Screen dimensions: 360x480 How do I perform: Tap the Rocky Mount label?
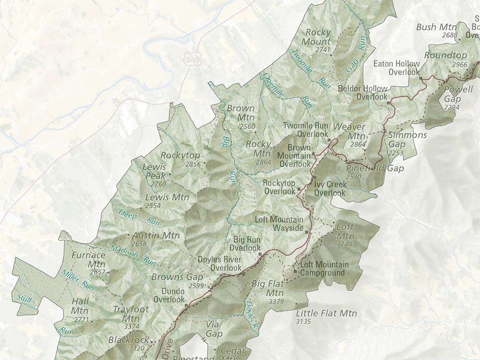tap(318, 37)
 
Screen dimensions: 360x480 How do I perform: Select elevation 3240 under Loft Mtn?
tap(344, 244)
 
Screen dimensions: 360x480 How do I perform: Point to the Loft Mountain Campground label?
tap(324, 269)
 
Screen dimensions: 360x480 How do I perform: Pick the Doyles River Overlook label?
tap(219, 263)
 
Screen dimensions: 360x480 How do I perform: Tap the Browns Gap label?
tap(177, 277)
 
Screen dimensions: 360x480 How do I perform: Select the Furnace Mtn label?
tap(89, 260)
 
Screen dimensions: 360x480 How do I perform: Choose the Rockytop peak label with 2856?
tap(180, 155)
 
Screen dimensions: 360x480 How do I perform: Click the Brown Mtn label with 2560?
tap(241, 112)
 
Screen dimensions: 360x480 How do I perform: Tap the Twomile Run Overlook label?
tap(306, 130)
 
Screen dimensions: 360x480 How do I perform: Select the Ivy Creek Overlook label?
tap(330, 188)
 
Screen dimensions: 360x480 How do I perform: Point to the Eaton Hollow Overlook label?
tap(396, 67)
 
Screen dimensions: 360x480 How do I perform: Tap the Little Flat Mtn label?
tap(326, 313)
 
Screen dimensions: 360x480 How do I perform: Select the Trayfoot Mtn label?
tap(131, 314)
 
